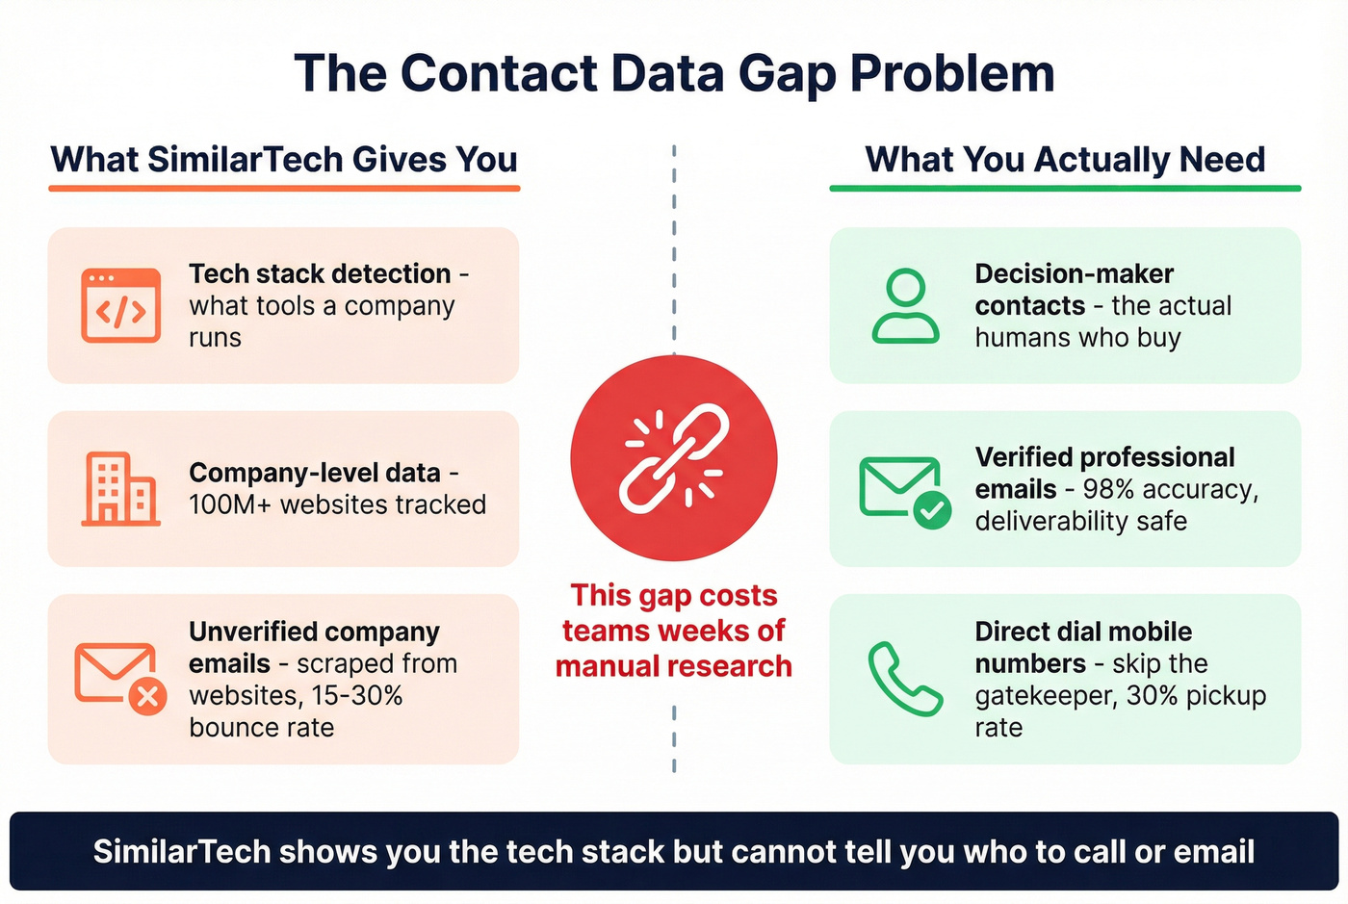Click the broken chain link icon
coord(674,457)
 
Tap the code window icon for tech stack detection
coord(120,305)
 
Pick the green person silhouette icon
coord(905,305)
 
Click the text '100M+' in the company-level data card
coord(230,504)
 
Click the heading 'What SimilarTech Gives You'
coord(284,159)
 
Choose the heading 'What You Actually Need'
coord(1065,159)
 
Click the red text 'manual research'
coord(674,666)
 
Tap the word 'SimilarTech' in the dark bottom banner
coord(181,851)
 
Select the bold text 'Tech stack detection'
coord(320,273)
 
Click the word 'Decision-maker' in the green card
coord(1074,273)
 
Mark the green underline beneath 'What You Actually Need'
coord(1065,188)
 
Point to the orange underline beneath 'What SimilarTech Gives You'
coord(284,188)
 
